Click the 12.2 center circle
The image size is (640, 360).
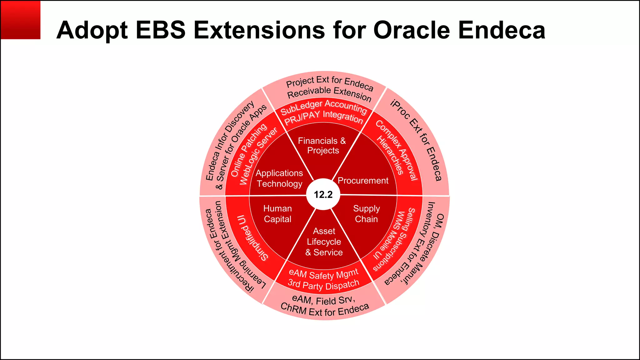click(323, 195)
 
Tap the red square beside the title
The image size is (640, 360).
click(20, 20)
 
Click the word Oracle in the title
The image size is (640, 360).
click(412, 30)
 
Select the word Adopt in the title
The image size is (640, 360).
click(92, 30)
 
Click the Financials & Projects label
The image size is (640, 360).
click(322, 146)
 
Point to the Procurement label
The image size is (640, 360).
click(363, 181)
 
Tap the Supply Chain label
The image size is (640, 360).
click(366, 214)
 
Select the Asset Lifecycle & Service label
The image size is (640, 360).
click(324, 242)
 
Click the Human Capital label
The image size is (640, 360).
click(277, 214)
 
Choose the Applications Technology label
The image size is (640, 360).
click(279, 178)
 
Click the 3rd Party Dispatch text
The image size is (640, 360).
click(323, 285)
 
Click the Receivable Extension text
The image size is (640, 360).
click(329, 93)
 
